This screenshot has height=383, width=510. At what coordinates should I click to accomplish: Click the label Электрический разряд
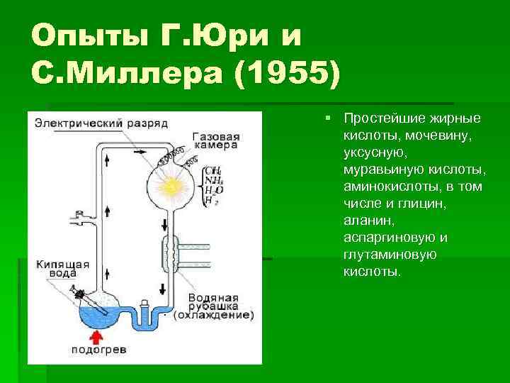point(101,122)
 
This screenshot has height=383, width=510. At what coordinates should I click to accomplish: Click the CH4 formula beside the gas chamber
point(212,170)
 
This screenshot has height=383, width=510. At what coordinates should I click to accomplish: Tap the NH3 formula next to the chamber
point(212,180)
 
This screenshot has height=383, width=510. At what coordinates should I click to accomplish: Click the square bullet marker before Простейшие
point(329,117)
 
